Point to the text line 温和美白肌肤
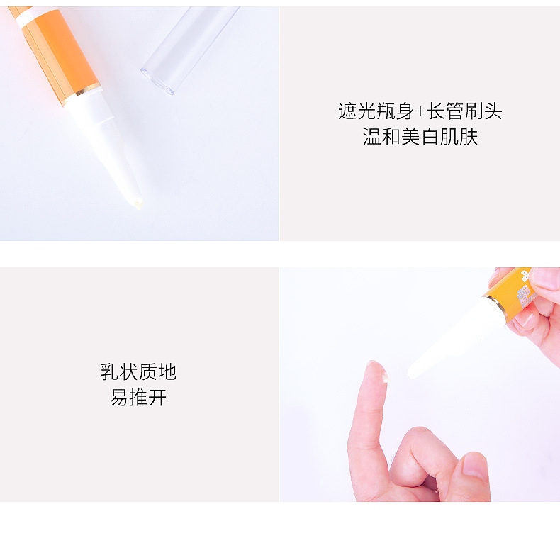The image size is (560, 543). (x=420, y=137)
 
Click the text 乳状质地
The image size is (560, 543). (x=138, y=372)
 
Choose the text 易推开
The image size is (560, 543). (x=138, y=398)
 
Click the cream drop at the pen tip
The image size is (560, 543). (x=138, y=204)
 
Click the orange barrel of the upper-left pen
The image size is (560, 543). (x=60, y=53)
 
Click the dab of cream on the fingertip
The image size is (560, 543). (x=385, y=376)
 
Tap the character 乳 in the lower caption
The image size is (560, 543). (x=109, y=372)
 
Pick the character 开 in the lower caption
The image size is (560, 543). (x=157, y=398)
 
